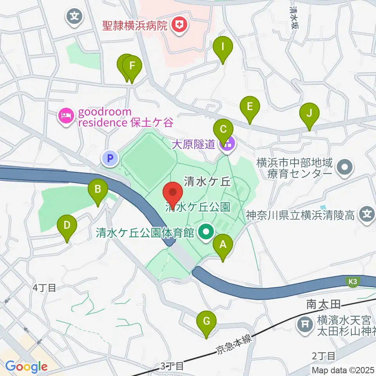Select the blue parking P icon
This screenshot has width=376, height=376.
pos(110,159)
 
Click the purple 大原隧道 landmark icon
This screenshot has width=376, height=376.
pos(228,144)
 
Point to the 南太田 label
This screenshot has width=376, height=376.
pos(322,303)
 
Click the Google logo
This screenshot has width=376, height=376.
pos(26,367)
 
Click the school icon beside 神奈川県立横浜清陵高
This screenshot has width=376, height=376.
pos(367,215)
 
